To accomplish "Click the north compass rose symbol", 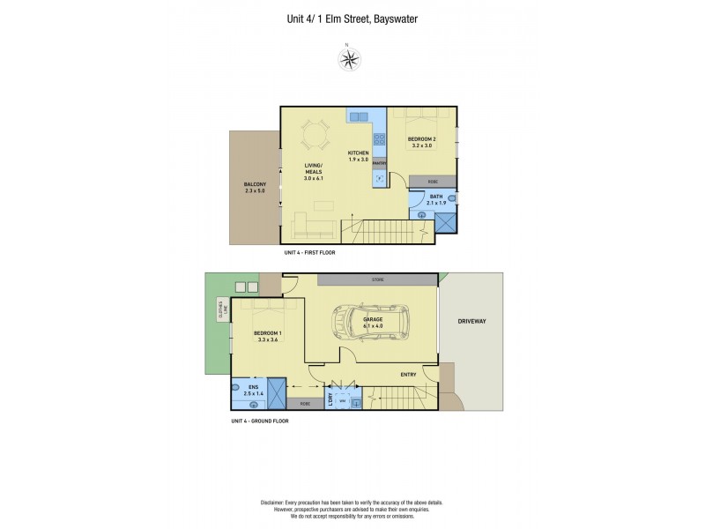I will click(x=350, y=59).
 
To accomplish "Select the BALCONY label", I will click(x=256, y=184).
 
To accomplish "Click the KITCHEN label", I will click(x=358, y=153).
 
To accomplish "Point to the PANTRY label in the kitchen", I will click(x=380, y=163).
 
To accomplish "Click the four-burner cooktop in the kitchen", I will click(x=379, y=138).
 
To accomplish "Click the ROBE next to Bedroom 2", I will click(x=433, y=182).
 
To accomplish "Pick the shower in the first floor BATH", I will click(x=446, y=222).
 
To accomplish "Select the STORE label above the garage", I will click(x=377, y=279).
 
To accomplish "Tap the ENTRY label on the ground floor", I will click(x=408, y=375).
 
